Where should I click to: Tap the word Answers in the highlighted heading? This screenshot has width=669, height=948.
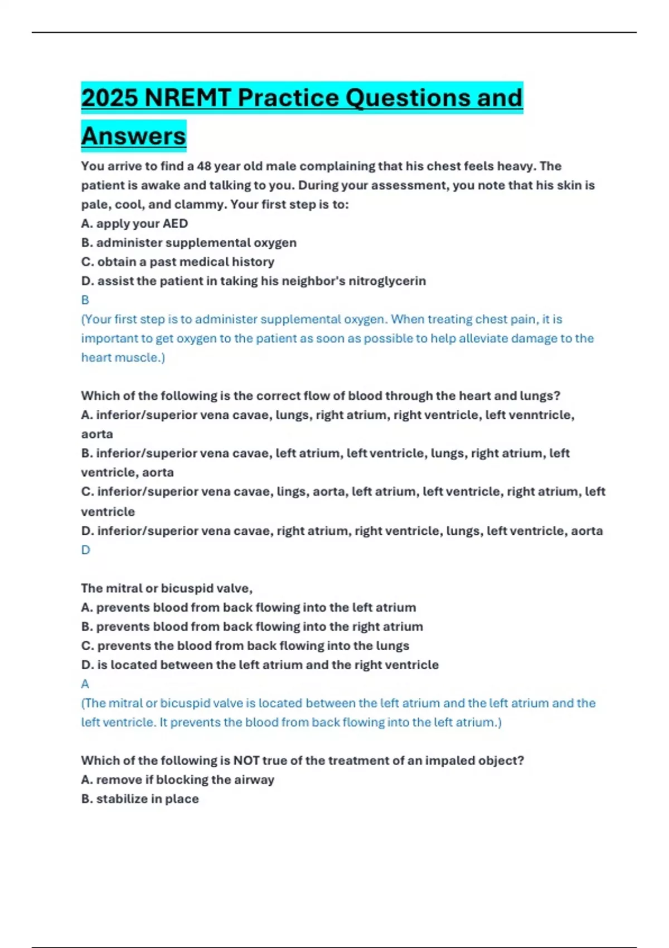[x=134, y=136]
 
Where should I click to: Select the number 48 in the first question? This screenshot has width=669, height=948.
[x=203, y=166]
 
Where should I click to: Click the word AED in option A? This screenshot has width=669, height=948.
[x=175, y=224]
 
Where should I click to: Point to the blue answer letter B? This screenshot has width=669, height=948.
[x=85, y=300]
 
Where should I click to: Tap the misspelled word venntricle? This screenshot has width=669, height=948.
[x=542, y=415]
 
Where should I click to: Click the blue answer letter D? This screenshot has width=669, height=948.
[x=85, y=550]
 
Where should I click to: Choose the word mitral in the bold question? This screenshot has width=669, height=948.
[x=123, y=588]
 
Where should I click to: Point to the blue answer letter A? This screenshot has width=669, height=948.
[x=85, y=684]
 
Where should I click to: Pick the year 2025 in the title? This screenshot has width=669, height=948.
[x=109, y=98]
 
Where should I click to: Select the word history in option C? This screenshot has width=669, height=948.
[x=253, y=262]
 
